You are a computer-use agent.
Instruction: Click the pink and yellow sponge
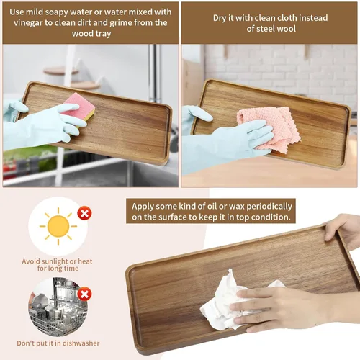click(81, 106)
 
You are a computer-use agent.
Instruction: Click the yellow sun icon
click(58, 226)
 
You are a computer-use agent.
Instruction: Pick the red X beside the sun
click(84, 213)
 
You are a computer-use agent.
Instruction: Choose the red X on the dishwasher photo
click(84, 294)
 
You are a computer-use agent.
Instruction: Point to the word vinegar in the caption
click(28, 23)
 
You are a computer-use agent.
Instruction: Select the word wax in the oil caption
click(236, 207)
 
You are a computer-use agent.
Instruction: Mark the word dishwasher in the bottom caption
click(81, 343)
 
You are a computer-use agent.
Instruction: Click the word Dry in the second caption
click(219, 18)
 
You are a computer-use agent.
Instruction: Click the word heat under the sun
click(85, 261)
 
